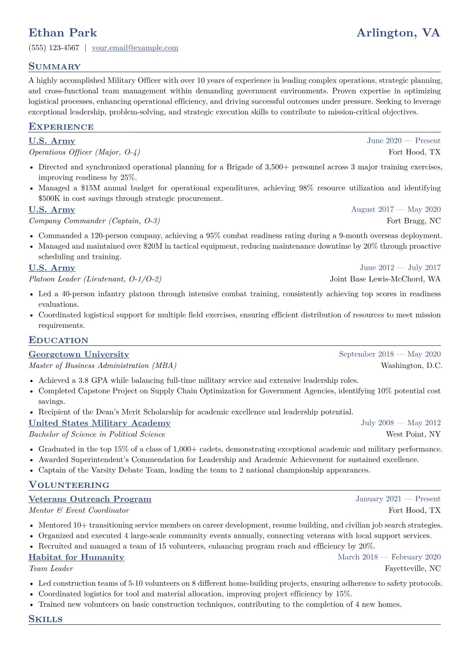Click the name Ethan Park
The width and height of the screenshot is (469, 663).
tap(63, 33)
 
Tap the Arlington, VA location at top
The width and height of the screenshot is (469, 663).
tap(398, 33)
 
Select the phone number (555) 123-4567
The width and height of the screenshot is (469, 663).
tap(54, 48)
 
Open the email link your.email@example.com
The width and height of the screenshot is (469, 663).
tap(135, 48)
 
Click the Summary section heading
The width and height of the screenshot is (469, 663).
tap(54, 67)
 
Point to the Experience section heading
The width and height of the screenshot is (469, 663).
tap(61, 127)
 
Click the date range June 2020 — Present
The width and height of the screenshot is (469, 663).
tap(404, 141)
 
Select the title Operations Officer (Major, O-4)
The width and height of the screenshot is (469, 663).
tap(84, 152)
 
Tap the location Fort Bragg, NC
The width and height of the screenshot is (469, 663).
tap(413, 221)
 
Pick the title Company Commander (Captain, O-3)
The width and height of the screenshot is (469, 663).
tap(94, 221)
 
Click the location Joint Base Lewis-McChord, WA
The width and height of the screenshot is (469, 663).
tap(385, 279)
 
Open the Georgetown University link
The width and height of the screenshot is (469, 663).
tap(79, 355)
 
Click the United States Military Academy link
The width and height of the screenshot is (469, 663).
tap(99, 423)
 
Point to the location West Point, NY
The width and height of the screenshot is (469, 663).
tap(413, 434)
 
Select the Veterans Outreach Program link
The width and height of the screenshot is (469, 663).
tap(90, 499)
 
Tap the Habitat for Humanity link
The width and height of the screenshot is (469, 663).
tap(76, 557)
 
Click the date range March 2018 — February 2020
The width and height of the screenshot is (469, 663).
tap(389, 557)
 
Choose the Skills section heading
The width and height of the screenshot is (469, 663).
tap(45, 619)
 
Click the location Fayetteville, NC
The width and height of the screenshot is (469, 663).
tap(413, 568)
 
